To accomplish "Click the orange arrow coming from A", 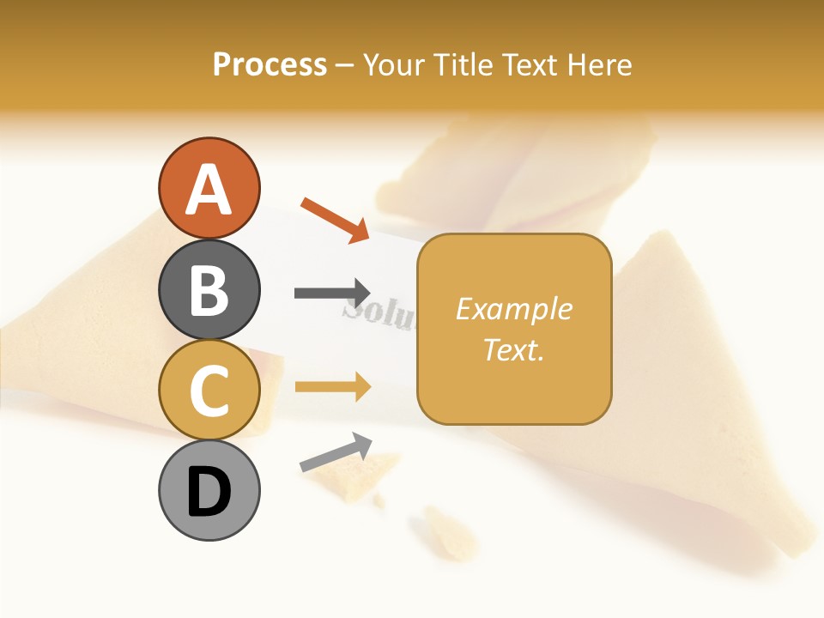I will pos(335,220).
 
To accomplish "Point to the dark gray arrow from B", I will pos(332,293).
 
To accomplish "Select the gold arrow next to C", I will pos(332,387).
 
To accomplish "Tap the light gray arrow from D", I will pos(336,452).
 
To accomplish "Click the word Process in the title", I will pos(270,64).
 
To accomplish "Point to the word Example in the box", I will pos(513,309).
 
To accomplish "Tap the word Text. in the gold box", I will pos(513,349).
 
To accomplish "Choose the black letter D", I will pos(209,492).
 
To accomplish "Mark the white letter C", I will pos(209,391).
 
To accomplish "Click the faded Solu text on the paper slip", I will pos(378,316).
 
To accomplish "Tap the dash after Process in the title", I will pos(344,65).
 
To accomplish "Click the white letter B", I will pos(209,290).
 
